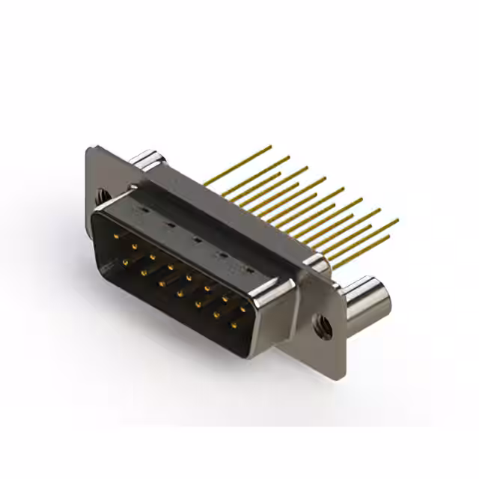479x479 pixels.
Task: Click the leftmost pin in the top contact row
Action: (117, 236)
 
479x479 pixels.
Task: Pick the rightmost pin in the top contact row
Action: (242, 307)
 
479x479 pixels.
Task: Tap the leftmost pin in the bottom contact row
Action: (125, 262)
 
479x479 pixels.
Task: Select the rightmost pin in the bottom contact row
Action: (234, 325)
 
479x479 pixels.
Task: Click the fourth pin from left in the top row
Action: (171, 266)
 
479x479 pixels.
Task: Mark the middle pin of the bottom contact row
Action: (180, 293)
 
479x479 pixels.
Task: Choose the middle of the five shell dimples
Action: (196, 239)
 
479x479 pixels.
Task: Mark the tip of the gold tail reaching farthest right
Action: (397, 220)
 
